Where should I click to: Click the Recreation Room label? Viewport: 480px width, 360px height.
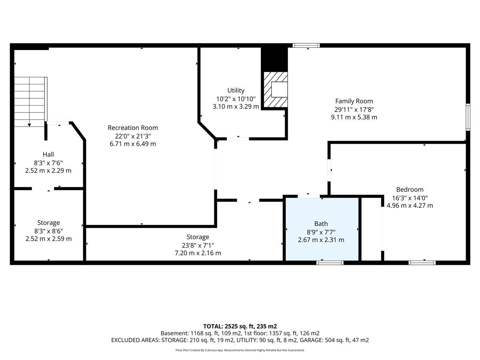tap(133, 128)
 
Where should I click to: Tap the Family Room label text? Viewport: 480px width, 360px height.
tap(354, 101)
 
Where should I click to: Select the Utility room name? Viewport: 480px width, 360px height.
tap(236, 90)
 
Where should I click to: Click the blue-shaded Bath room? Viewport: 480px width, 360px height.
tap(322, 229)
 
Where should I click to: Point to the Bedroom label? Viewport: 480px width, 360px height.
tap(410, 190)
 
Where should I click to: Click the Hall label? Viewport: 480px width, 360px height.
tap(48, 154)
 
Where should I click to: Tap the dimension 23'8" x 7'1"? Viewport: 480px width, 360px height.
tap(198, 245)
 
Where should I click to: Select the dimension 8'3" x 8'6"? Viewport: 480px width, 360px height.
tap(48, 231)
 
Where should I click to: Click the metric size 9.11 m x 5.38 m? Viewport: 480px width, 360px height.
tap(354, 117)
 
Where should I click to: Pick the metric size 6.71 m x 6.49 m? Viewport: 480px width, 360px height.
tap(133, 144)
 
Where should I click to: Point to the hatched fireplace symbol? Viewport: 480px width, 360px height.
tap(276, 90)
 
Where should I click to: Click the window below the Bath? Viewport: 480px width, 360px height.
tap(330, 262)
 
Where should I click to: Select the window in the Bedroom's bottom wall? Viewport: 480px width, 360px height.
tap(422, 262)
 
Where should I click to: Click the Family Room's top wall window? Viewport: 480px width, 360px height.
tap(306, 46)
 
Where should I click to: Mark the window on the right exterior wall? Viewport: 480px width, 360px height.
tap(468, 117)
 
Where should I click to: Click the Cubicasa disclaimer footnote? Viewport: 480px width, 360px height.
tap(240, 350)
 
